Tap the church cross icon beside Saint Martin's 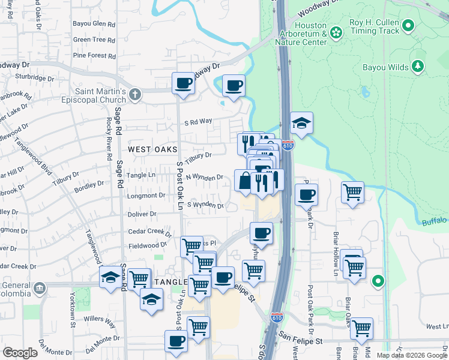(x=135, y=94)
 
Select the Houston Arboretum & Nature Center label (x=301, y=34)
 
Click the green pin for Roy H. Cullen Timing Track (x=409, y=26)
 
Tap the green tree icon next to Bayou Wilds (x=418, y=67)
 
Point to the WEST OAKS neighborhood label (x=152, y=149)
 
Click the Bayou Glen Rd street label (x=93, y=24)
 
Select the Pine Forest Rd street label (x=94, y=56)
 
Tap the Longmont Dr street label (x=146, y=195)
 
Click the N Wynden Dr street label (x=204, y=177)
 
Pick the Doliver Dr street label (x=142, y=214)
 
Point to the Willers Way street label (x=100, y=320)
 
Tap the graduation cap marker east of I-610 (x=301, y=123)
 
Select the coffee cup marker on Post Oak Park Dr (x=306, y=194)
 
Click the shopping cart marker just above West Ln (x=361, y=328)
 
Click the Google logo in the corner (x=20, y=353)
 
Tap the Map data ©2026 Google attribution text (x=411, y=355)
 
